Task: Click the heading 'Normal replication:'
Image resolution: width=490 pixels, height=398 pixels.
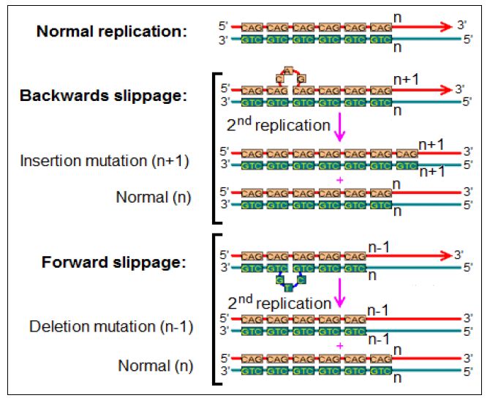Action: click(112, 31)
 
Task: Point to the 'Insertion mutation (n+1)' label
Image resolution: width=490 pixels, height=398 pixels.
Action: click(105, 160)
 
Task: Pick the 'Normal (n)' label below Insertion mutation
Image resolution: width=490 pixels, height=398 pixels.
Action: click(154, 197)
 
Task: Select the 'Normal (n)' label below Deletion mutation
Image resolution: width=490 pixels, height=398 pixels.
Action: click(154, 364)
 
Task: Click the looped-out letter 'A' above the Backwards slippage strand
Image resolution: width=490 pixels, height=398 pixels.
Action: click(288, 70)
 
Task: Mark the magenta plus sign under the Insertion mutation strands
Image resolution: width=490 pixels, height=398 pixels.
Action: click(339, 179)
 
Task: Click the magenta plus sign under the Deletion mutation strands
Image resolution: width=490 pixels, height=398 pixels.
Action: click(339, 345)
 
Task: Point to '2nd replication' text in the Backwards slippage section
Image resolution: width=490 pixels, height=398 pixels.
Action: click(278, 125)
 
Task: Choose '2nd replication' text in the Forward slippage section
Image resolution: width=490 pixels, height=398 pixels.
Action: click(279, 302)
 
